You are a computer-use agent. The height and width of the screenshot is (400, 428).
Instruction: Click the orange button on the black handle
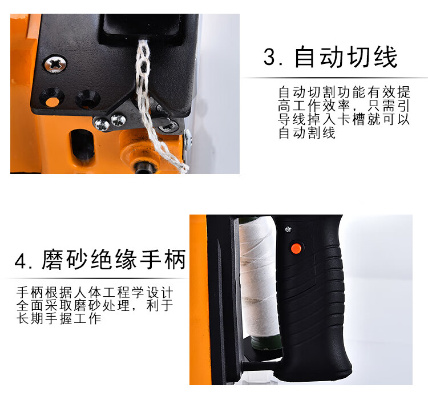[296, 248]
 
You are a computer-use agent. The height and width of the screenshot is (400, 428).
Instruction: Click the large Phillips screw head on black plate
[55, 64]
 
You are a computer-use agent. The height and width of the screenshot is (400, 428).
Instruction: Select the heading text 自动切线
[346, 57]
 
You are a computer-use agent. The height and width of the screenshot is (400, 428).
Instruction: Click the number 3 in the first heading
[269, 57]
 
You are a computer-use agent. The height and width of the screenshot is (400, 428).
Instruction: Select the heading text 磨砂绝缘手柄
[114, 259]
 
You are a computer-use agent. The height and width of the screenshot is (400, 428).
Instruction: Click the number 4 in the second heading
[21, 261]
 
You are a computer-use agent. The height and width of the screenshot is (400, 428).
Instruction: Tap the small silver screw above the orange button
[288, 229]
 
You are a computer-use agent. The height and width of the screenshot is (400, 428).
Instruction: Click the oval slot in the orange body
[82, 144]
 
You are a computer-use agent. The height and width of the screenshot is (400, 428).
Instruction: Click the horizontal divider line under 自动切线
[335, 78]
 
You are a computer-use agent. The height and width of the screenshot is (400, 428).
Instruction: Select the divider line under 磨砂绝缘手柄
[95, 278]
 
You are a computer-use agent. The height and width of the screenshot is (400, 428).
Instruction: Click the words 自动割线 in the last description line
[307, 133]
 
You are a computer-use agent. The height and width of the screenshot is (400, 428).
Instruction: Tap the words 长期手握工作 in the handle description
[59, 318]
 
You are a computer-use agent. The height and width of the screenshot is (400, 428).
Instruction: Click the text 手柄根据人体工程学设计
[95, 293]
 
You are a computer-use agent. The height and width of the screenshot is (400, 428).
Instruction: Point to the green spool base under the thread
[266, 342]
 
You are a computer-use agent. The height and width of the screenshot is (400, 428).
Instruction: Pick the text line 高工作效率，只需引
[344, 106]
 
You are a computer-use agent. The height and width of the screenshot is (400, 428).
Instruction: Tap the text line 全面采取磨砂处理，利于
[95, 306]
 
